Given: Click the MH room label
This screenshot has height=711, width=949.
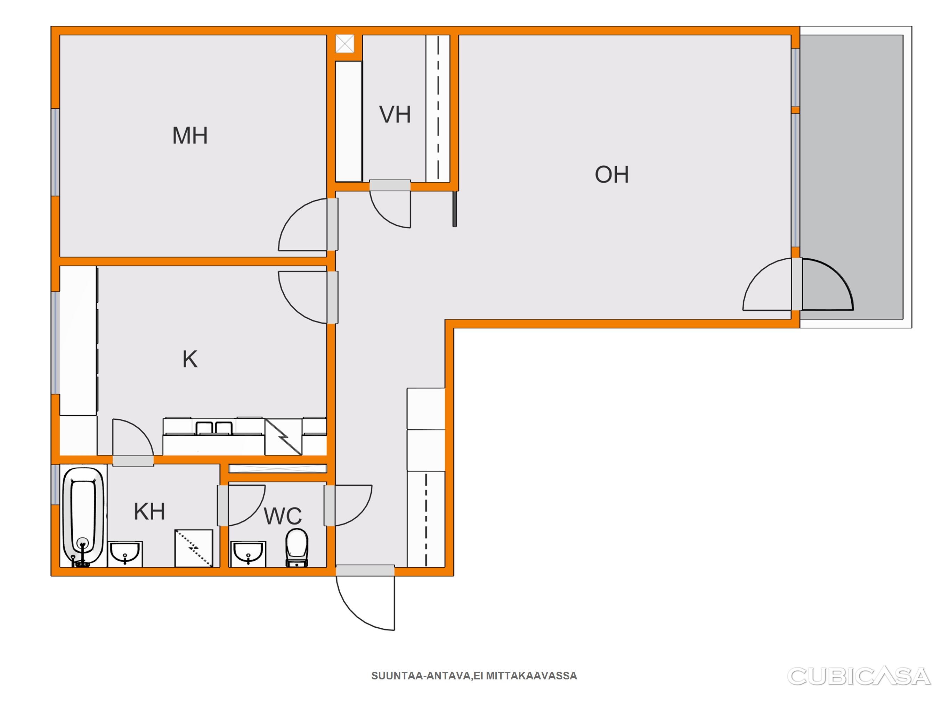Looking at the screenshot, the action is (x=190, y=135).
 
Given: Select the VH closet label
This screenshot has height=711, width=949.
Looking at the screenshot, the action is (x=395, y=115).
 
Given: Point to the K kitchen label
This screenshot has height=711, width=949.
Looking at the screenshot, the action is (x=190, y=359).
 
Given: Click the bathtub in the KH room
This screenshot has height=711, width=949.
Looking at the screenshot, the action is (x=83, y=517).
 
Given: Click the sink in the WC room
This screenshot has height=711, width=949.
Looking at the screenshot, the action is (x=249, y=554).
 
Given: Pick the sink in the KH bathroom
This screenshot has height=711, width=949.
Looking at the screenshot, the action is (x=125, y=554).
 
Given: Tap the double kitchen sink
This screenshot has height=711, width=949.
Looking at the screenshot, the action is (x=214, y=428).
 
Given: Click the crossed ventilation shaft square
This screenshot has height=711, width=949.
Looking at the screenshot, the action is (x=345, y=44).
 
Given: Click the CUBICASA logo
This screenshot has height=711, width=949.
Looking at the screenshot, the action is (x=859, y=676).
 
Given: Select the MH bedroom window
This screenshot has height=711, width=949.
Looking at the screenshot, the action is (x=55, y=152).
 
